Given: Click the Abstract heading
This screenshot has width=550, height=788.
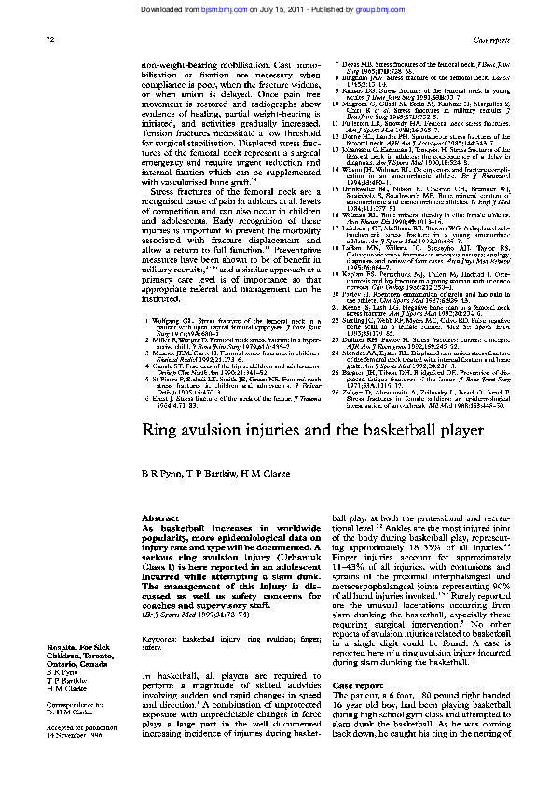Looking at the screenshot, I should [153, 518].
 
